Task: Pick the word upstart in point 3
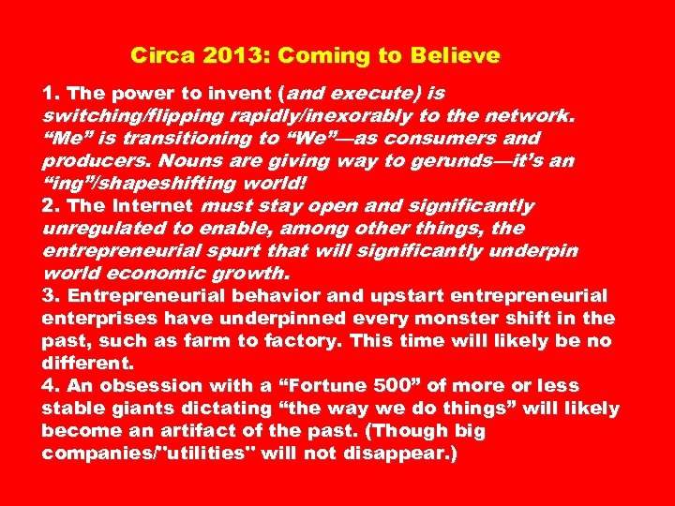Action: point(380,296)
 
